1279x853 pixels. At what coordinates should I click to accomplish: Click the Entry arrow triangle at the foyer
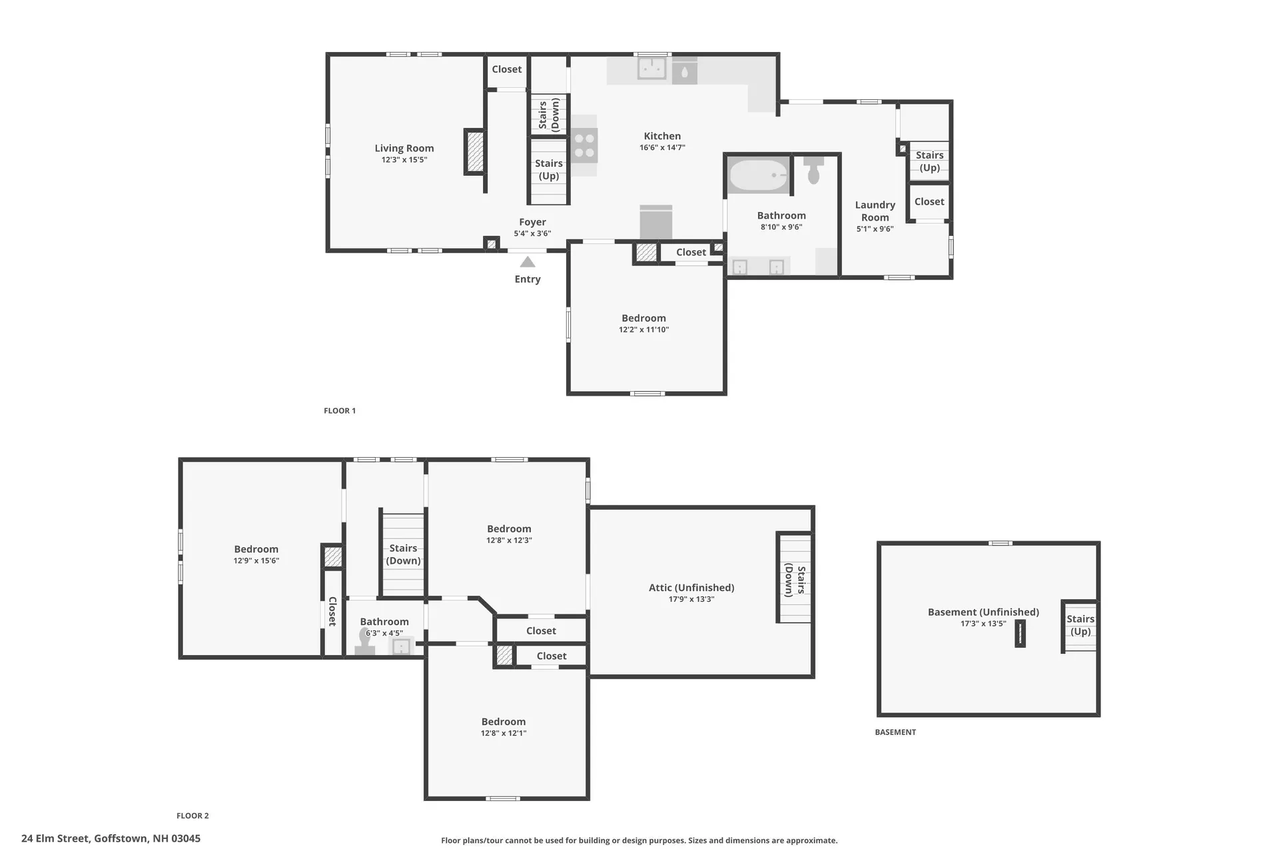(x=528, y=262)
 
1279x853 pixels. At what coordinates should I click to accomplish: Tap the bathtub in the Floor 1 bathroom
(x=758, y=175)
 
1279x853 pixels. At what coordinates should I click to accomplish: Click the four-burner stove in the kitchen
(x=584, y=146)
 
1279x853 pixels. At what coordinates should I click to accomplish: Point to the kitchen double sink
(x=651, y=69)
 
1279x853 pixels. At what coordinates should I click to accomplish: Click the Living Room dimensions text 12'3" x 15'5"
(x=404, y=160)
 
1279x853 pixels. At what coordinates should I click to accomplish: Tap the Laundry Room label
(x=875, y=211)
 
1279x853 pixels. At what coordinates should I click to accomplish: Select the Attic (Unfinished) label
(x=691, y=588)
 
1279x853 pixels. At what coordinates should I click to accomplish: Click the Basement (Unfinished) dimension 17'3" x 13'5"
(x=983, y=624)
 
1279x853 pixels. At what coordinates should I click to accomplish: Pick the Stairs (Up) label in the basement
(x=1080, y=625)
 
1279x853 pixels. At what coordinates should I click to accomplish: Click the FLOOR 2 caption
(x=193, y=816)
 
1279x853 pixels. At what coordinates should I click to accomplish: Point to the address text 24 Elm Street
(x=111, y=838)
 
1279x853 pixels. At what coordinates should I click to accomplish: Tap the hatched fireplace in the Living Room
(x=475, y=151)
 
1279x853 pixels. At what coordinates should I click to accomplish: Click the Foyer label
(x=532, y=222)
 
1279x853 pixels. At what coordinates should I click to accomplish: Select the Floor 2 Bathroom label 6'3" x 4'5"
(x=384, y=633)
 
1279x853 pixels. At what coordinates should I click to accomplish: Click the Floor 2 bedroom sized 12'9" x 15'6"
(x=256, y=554)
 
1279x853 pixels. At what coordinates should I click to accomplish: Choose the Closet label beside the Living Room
(x=506, y=69)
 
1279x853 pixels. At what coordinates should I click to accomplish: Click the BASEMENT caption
(x=895, y=732)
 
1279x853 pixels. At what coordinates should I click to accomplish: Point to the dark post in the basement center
(x=1020, y=634)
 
